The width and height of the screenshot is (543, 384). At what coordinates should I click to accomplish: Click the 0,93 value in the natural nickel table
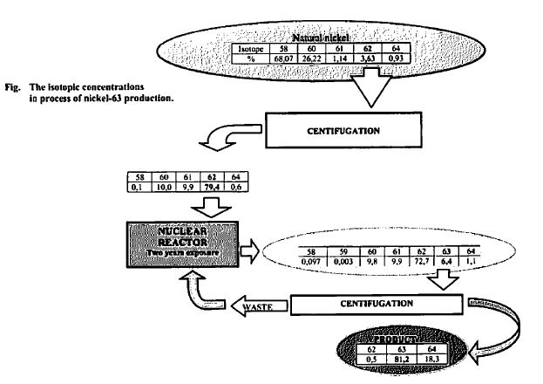[x=398, y=60]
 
